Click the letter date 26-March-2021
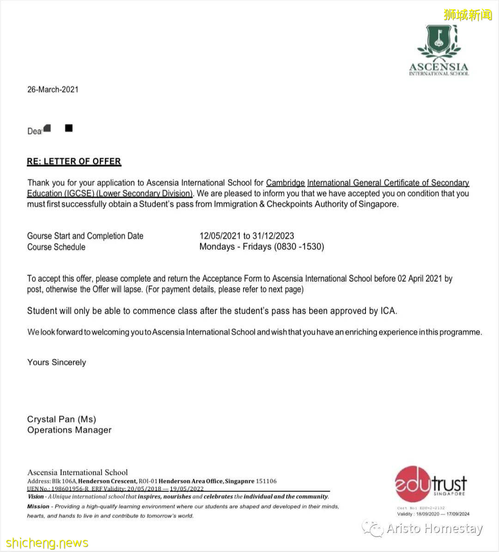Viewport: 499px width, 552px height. (53, 89)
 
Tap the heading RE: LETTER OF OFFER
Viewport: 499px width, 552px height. (74, 161)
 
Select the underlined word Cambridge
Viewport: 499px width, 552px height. (285, 183)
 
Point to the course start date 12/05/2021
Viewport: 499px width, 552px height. (220, 236)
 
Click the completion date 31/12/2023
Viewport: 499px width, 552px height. (273, 236)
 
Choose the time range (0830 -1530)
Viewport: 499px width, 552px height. (299, 247)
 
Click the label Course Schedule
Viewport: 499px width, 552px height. (56, 247)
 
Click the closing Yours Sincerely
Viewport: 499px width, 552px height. (56, 362)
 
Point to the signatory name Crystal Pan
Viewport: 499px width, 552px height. (51, 419)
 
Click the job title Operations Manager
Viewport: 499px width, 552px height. (69, 430)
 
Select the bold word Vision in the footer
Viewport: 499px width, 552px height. (36, 497)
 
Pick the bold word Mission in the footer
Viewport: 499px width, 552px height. (38, 506)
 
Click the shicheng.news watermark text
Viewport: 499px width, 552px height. (47, 542)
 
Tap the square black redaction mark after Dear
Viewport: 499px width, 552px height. (69, 128)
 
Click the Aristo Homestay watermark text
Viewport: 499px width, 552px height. (434, 528)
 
